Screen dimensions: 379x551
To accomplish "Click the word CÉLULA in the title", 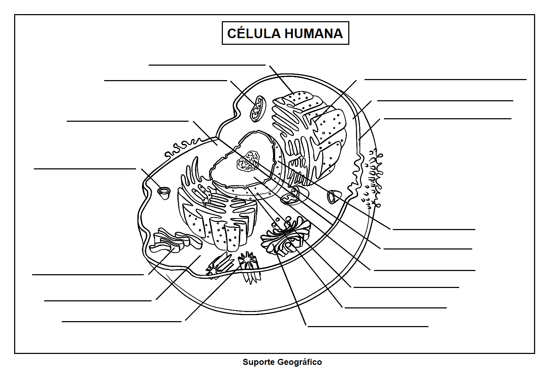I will tap(254, 34).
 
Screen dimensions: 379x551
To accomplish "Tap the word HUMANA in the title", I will tap(314, 34).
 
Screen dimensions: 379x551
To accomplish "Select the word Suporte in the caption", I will tap(259, 362).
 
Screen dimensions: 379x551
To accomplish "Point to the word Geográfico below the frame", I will tap(300, 362).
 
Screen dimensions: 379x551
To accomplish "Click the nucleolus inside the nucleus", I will tap(248, 161).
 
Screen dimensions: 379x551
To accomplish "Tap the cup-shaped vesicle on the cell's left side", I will tap(164, 193).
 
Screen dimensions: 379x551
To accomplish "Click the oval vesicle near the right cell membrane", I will tap(333, 197).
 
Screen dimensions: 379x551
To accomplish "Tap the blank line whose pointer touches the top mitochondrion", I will tap(165, 80).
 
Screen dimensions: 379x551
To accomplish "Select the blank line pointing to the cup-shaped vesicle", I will tap(85, 169).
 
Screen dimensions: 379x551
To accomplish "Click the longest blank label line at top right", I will tap(445, 79).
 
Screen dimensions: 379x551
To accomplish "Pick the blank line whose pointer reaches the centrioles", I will tap(122, 321).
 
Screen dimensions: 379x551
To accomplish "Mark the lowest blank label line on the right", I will tap(368, 326).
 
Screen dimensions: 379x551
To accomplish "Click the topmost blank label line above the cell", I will tap(207, 65).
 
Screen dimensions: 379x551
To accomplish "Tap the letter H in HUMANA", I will tap(290, 34).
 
